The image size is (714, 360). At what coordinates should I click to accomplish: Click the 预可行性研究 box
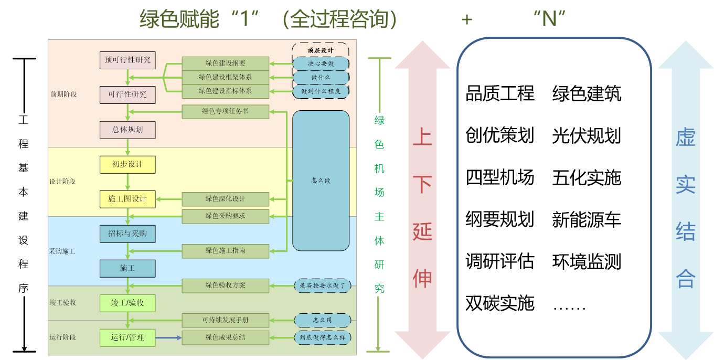pos(127,60)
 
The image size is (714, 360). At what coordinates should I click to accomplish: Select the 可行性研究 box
pos(127,94)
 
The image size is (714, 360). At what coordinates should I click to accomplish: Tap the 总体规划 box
pos(127,130)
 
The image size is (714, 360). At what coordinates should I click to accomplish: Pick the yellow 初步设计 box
pos(127,164)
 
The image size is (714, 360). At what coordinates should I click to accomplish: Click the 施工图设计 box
pos(127,199)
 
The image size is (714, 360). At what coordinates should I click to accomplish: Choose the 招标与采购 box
pos(127,234)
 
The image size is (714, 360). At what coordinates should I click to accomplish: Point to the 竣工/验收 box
pos(127,303)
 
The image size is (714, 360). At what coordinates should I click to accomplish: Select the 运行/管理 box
pos(127,337)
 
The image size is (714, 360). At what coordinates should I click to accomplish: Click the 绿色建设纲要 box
pos(225,63)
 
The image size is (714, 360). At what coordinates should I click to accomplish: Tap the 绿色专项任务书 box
pos(225,111)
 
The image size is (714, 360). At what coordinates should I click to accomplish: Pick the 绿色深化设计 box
pos(225,199)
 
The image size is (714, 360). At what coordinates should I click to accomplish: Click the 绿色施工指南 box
pos(225,250)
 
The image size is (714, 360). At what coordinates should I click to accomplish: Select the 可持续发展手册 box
pos(225,320)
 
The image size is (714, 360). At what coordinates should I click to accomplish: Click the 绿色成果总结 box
pos(225,337)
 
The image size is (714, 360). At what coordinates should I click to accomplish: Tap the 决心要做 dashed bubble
pos(321,63)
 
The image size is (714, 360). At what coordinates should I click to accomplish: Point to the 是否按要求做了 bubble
pos(322,286)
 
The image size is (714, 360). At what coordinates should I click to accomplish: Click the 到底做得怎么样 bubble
pos(322,337)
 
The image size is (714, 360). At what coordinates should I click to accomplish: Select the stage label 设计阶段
pos(62,182)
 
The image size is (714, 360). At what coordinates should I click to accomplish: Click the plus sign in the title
pos(466,20)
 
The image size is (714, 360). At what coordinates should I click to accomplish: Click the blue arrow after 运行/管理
pos(168,337)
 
